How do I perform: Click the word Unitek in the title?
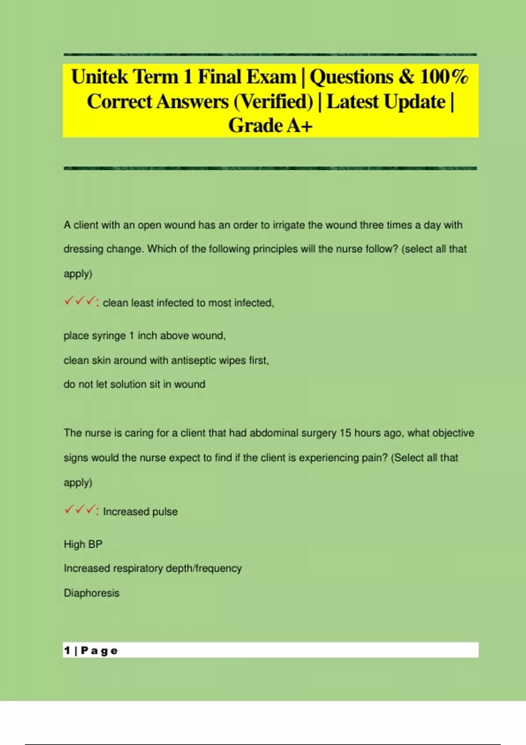point(100,77)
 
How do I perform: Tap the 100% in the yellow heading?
point(444,77)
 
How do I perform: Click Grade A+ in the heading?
point(270,126)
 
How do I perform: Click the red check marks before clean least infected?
point(80,302)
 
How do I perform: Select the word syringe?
point(105,336)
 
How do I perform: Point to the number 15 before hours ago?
point(345,433)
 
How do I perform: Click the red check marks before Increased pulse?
point(80,510)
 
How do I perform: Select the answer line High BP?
point(83,544)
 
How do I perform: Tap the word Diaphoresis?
point(92,593)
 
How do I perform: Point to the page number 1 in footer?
point(67,650)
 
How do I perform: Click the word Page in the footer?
point(100,651)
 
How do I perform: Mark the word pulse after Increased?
point(165,512)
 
